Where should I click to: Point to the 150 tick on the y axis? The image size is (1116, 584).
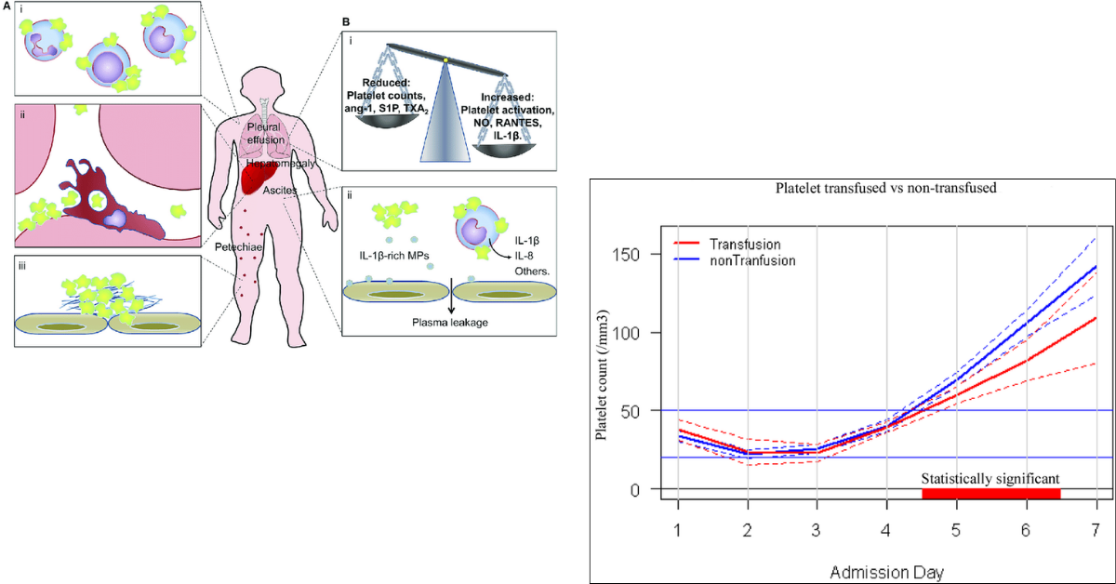click(635, 254)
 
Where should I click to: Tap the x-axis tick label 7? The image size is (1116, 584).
click(1096, 530)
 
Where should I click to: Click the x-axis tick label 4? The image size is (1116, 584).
click(887, 530)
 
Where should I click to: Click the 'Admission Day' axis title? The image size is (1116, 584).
click(887, 566)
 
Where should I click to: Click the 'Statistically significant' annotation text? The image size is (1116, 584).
click(990, 479)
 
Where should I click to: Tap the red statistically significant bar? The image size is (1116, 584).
click(991, 494)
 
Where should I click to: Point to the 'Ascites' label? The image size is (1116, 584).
click(280, 192)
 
